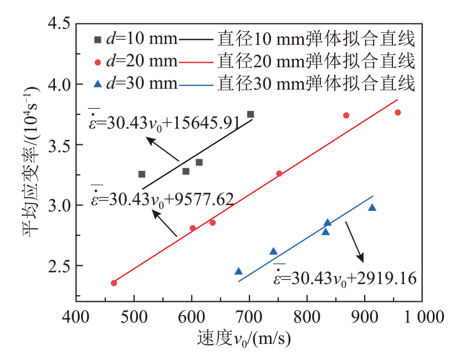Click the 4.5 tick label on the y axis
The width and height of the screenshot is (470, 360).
pyautogui.click(x=59, y=23)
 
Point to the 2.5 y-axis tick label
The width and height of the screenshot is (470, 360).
pyautogui.click(x=59, y=266)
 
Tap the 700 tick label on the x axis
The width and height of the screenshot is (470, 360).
pyautogui.click(x=249, y=317)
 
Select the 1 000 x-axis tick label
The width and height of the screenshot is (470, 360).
pyautogui.click(x=423, y=317)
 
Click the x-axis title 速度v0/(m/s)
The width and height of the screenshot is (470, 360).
pyautogui.click(x=244, y=338)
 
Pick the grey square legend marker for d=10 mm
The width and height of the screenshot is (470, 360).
pyautogui.click(x=98, y=39)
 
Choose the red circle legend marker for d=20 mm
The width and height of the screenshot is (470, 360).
pyautogui.click(x=98, y=62)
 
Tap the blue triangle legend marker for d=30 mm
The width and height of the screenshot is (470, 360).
pyautogui.click(x=98, y=84)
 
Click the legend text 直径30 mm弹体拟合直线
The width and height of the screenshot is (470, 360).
pyautogui.click(x=316, y=83)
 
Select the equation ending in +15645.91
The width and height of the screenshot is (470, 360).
pyautogui.click(x=165, y=120)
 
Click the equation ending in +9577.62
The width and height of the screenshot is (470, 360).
pyautogui.click(x=162, y=197)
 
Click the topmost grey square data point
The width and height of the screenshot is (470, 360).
pyautogui.click(x=251, y=114)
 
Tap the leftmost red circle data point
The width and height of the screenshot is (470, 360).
pyautogui.click(x=114, y=283)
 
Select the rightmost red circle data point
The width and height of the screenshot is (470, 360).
pyautogui.click(x=398, y=113)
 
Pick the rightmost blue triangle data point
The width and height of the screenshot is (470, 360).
pyautogui.click(x=372, y=207)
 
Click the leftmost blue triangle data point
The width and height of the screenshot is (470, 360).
pyautogui.click(x=238, y=271)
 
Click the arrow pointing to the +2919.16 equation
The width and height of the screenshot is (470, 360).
pyautogui.click(x=355, y=242)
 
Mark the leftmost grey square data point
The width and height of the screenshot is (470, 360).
pyautogui.click(x=142, y=174)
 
